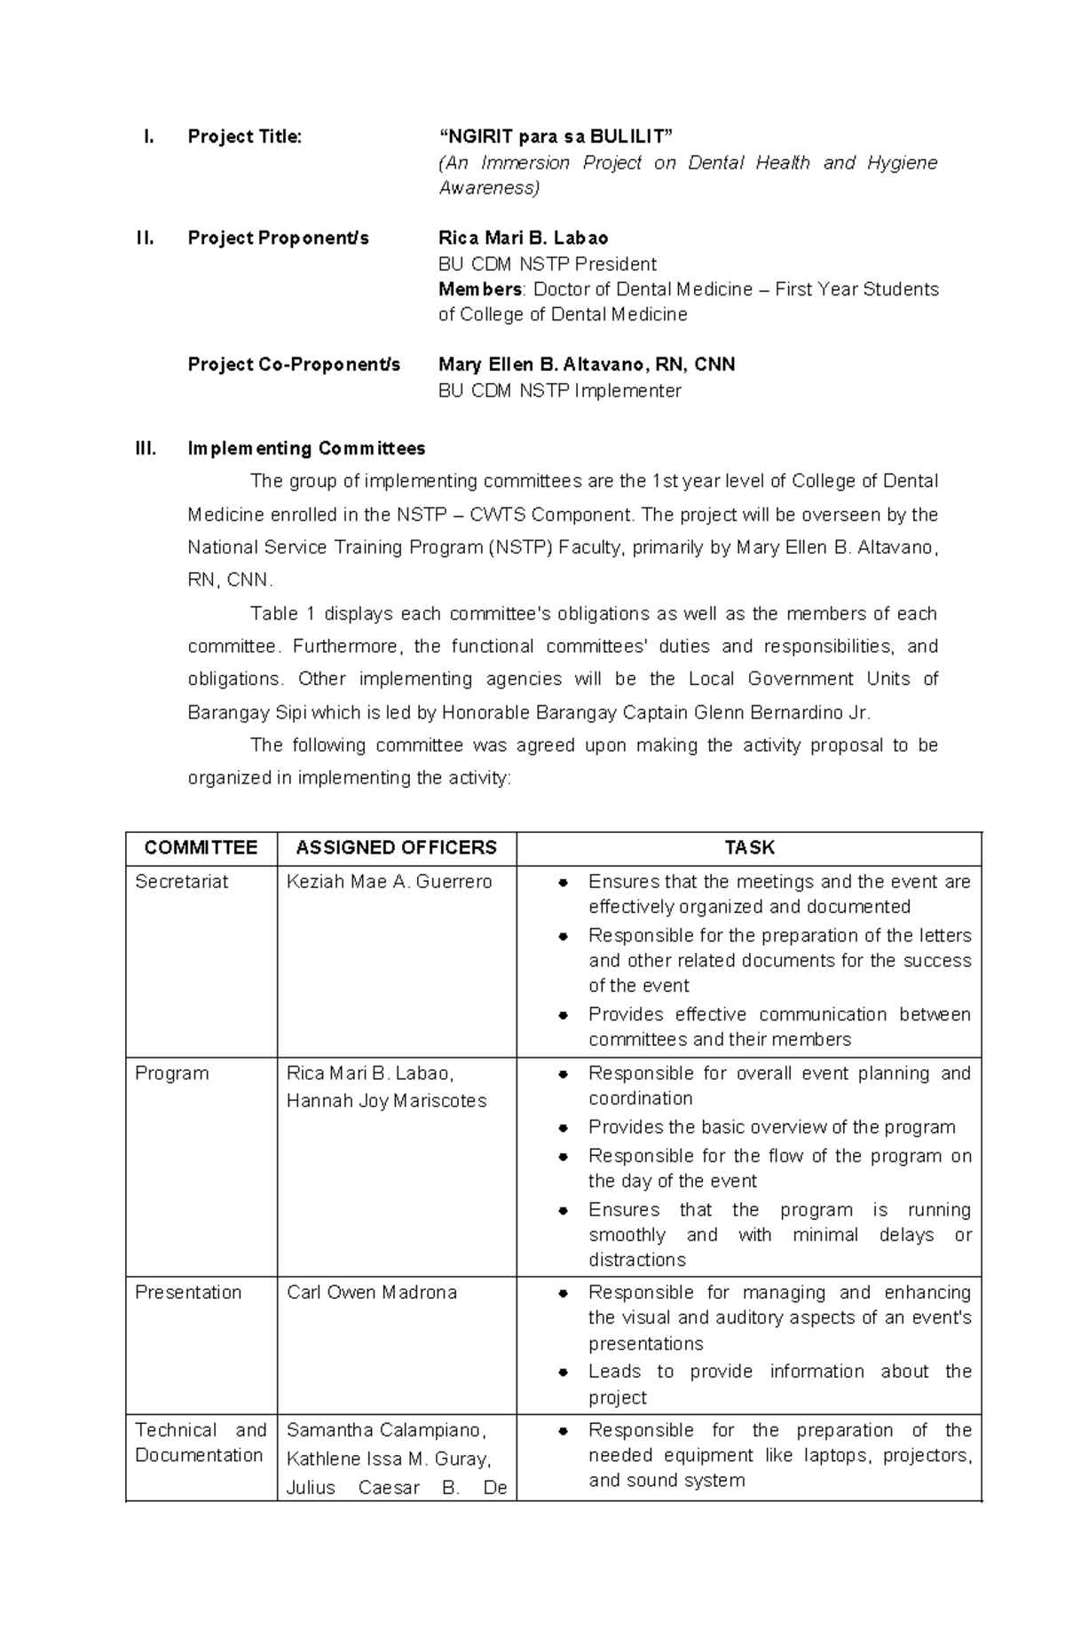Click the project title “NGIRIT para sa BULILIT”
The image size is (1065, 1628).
pos(556,137)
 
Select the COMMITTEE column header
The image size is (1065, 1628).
pos(201,847)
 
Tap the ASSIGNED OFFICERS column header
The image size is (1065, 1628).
pos(396,847)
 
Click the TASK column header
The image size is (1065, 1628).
pos(749,847)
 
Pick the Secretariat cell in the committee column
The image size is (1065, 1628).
pos(181,881)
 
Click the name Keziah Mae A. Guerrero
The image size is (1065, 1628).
pos(389,881)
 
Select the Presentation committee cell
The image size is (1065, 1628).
pos(188,1292)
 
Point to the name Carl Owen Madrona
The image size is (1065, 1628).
pos(371,1292)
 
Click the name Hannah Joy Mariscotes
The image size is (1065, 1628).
pos(386,1100)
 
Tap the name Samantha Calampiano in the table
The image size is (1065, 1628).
pos(384,1429)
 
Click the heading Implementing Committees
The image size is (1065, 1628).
pos(306,448)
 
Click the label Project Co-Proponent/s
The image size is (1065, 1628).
pos(294,365)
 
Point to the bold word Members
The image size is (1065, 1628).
pos(480,289)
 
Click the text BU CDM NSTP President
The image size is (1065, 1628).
pos(547,263)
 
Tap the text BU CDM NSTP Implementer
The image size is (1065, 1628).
pos(559,390)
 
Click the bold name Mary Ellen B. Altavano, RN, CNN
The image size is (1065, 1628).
pos(586,365)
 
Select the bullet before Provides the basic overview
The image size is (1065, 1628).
pos(563,1128)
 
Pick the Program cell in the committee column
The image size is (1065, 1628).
pos(171,1073)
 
